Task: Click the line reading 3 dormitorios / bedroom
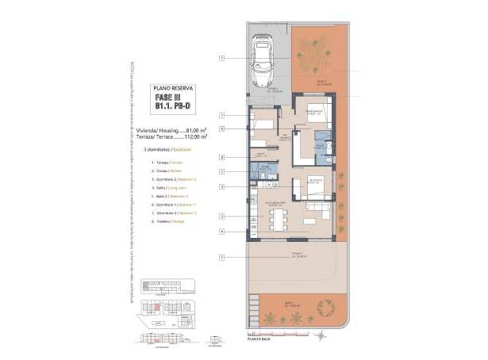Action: click(167, 148)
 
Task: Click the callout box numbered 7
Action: click(223, 116)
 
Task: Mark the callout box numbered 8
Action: click(223, 157)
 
